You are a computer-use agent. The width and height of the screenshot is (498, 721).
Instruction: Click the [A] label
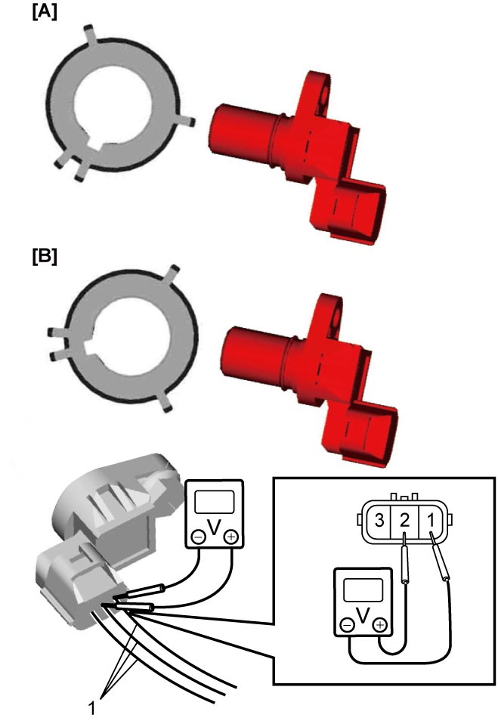point(45,12)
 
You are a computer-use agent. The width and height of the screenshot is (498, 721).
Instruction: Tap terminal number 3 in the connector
point(379,521)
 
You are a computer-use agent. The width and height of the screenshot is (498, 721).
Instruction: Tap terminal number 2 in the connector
point(404,521)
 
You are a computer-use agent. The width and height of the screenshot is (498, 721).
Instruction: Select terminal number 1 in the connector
point(431,521)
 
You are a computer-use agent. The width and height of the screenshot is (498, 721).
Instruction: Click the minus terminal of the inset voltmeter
point(348,625)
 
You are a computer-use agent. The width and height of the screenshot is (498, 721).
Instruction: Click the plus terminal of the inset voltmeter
point(380,625)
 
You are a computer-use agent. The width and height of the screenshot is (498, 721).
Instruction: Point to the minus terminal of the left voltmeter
point(199,537)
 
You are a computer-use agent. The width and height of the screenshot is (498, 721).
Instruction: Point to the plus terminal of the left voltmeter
point(230,537)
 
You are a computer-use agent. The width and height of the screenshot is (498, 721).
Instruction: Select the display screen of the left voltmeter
point(215,502)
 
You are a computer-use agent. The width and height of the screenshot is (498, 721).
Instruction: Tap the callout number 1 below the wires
point(92,708)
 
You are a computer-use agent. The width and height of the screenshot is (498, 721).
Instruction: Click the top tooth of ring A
point(90,35)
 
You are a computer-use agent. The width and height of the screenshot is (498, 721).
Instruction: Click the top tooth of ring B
point(172,274)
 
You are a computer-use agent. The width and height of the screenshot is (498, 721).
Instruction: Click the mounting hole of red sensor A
point(325,94)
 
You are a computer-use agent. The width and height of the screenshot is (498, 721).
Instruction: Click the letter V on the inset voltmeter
point(363,615)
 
